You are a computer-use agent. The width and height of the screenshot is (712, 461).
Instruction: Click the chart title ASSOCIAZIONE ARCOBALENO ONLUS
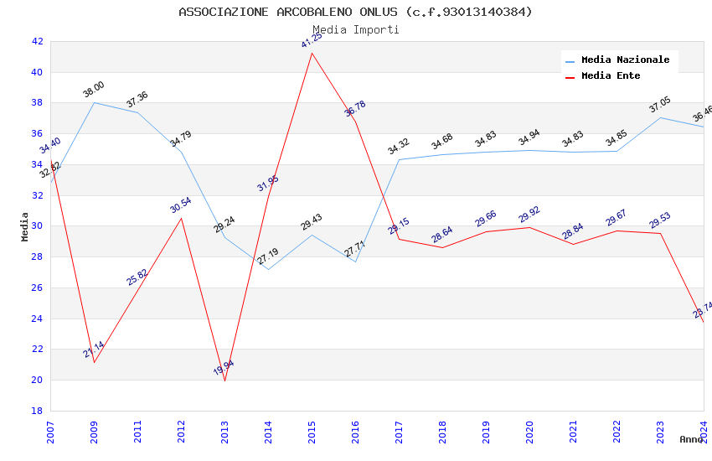355,12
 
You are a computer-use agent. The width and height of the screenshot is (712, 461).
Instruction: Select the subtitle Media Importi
355,29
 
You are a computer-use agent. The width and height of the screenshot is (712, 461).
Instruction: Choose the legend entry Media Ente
611,76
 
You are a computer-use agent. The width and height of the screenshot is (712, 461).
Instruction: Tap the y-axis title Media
25,226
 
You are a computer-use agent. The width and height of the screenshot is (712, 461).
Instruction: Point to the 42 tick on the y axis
37,41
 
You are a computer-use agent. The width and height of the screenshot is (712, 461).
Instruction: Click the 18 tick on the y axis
37,411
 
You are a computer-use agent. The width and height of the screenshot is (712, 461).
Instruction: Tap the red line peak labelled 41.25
312,54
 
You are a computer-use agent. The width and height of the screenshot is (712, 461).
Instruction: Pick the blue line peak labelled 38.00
94,102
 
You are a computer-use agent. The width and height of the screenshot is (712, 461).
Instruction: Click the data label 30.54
181,205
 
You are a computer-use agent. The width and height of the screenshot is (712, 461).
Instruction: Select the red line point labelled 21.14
94,362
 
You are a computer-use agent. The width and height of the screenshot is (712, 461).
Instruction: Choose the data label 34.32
399,147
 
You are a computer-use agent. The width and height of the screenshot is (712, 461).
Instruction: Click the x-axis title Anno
691,439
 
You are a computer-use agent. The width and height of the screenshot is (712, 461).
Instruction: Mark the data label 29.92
529,215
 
